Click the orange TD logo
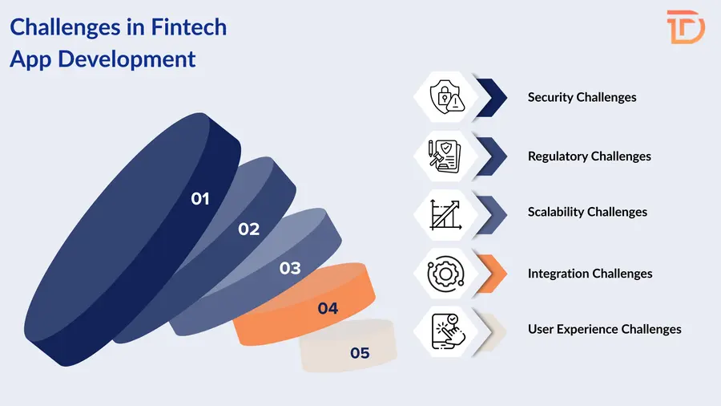tap(686, 26)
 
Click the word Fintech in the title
tap(189, 28)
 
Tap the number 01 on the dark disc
tap(200, 198)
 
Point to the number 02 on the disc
tap(248, 229)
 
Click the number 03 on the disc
tap(290, 268)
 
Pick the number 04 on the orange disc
tap(328, 308)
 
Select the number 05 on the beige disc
tap(360, 352)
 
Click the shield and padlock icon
tap(446, 97)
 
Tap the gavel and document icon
tap(446, 156)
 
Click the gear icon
tap(446, 274)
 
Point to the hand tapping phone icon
tap(446, 329)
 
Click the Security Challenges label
tap(582, 97)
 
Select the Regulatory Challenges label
tap(589, 156)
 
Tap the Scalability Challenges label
tap(587, 212)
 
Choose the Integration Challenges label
tap(590, 274)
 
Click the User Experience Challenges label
tap(604, 329)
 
